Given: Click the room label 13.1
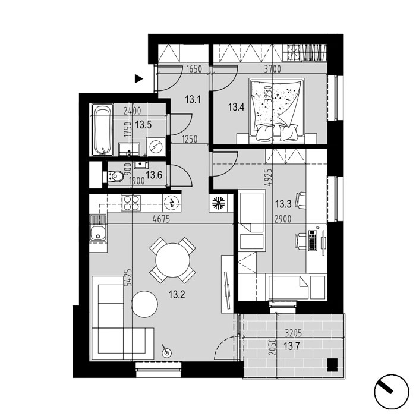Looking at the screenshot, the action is pyautogui.click(x=193, y=100).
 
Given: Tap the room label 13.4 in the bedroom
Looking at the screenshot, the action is pyautogui.click(x=236, y=108).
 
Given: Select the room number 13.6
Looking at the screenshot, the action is pyautogui.click(x=154, y=175).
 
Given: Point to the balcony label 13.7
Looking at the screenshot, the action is pyautogui.click(x=292, y=346).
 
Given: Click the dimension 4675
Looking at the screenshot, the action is pyautogui.click(x=161, y=219).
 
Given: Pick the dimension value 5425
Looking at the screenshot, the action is pyautogui.click(x=128, y=277).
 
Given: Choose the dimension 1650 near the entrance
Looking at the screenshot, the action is pyautogui.click(x=194, y=70).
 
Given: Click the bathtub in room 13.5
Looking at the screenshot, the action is pyautogui.click(x=102, y=129).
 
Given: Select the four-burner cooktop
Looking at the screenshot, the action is pyautogui.click(x=131, y=203).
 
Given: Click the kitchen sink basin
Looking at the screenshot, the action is pyautogui.click(x=98, y=234).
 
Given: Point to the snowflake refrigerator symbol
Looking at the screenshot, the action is pyautogui.click(x=218, y=203).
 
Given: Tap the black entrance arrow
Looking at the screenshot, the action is pyautogui.click(x=138, y=79).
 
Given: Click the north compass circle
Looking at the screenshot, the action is pyautogui.click(x=392, y=392).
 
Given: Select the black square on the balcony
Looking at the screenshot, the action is pyautogui.click(x=332, y=365).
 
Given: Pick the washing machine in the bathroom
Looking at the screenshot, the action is pyautogui.click(x=156, y=146).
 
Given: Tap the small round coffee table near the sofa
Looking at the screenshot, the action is pyautogui.click(x=144, y=304).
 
